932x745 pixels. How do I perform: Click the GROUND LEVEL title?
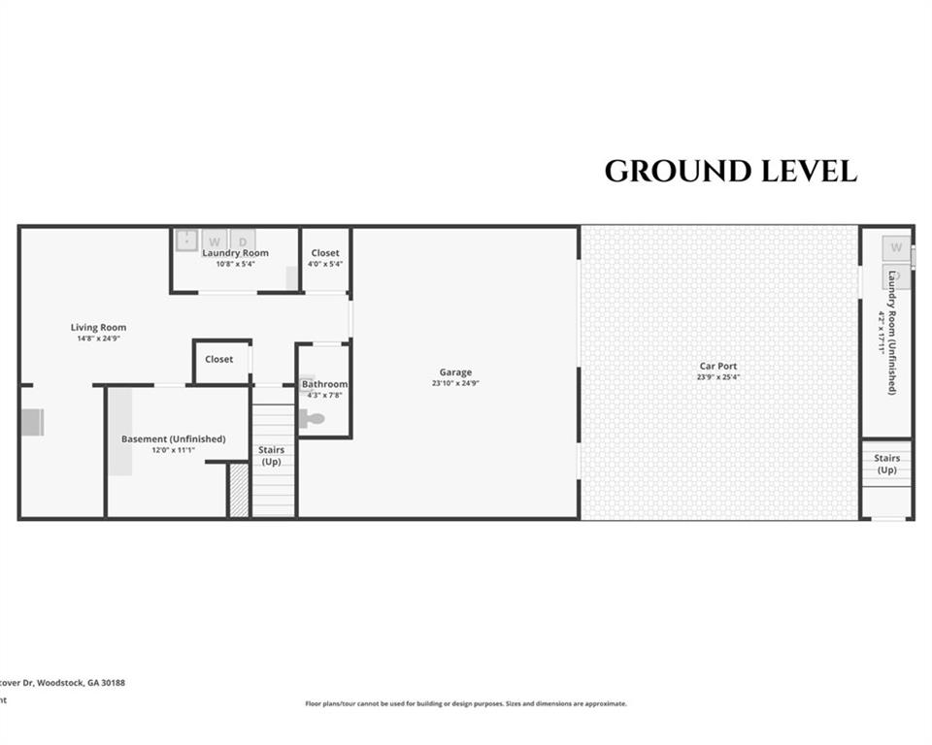(730, 172)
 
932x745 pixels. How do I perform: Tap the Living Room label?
(98, 328)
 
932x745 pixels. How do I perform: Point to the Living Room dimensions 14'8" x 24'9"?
(98, 339)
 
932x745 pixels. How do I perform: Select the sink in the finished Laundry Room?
(186, 240)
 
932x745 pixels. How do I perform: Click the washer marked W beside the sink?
(216, 240)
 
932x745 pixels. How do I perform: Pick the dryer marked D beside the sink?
(243, 240)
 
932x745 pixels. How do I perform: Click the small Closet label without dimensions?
(219, 359)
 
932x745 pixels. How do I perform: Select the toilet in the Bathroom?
(313, 419)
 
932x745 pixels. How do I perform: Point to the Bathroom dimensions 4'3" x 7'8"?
(324, 395)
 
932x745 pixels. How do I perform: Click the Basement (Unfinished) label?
(173, 439)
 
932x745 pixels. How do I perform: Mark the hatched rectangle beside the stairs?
(239, 491)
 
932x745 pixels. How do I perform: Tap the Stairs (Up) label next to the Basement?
(272, 456)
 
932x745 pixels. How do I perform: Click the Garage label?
(455, 372)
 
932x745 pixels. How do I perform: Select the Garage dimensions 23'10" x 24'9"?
(455, 383)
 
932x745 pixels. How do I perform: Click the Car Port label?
(718, 367)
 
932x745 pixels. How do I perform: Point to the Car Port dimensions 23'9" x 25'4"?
(718, 377)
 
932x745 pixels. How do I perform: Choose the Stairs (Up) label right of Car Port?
(886, 464)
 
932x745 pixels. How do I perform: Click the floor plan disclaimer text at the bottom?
(466, 703)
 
